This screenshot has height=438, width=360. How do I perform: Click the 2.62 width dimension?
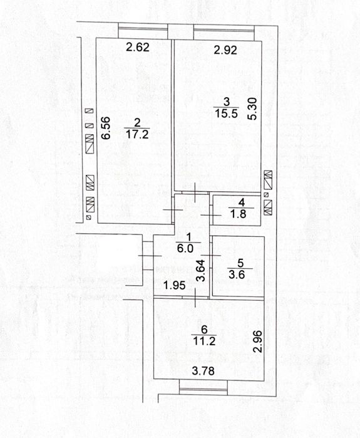tap(138, 47)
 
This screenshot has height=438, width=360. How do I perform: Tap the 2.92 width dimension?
tap(225, 50)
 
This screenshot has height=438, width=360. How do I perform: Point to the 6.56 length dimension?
tap(106, 128)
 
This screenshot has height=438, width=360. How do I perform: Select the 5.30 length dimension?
tap(252, 108)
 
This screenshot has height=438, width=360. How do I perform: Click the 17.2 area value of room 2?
tap(137, 134)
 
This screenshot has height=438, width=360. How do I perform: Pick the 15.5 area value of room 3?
tap(226, 113)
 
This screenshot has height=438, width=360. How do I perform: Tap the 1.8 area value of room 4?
tap(238, 214)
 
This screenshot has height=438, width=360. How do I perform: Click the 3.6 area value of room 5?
tap(237, 274)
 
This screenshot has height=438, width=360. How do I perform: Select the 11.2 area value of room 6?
tap(204, 341)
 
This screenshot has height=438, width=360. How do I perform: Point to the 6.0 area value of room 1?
tap(185, 248)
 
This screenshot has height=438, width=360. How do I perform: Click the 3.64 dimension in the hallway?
tap(201, 271)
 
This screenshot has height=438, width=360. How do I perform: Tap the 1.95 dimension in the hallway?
tap(175, 286)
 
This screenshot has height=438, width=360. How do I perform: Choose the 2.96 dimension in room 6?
tap(257, 342)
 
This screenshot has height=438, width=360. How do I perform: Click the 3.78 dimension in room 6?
tap(203, 371)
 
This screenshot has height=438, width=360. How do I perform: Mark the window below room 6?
tap(203, 387)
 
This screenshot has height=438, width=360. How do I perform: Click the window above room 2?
tap(143, 31)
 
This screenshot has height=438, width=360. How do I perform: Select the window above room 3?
tap(224, 31)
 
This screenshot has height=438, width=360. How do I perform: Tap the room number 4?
tap(242, 202)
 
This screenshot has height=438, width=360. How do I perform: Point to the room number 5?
tap(240, 263)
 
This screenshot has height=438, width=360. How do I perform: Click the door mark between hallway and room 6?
tap(195, 298)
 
